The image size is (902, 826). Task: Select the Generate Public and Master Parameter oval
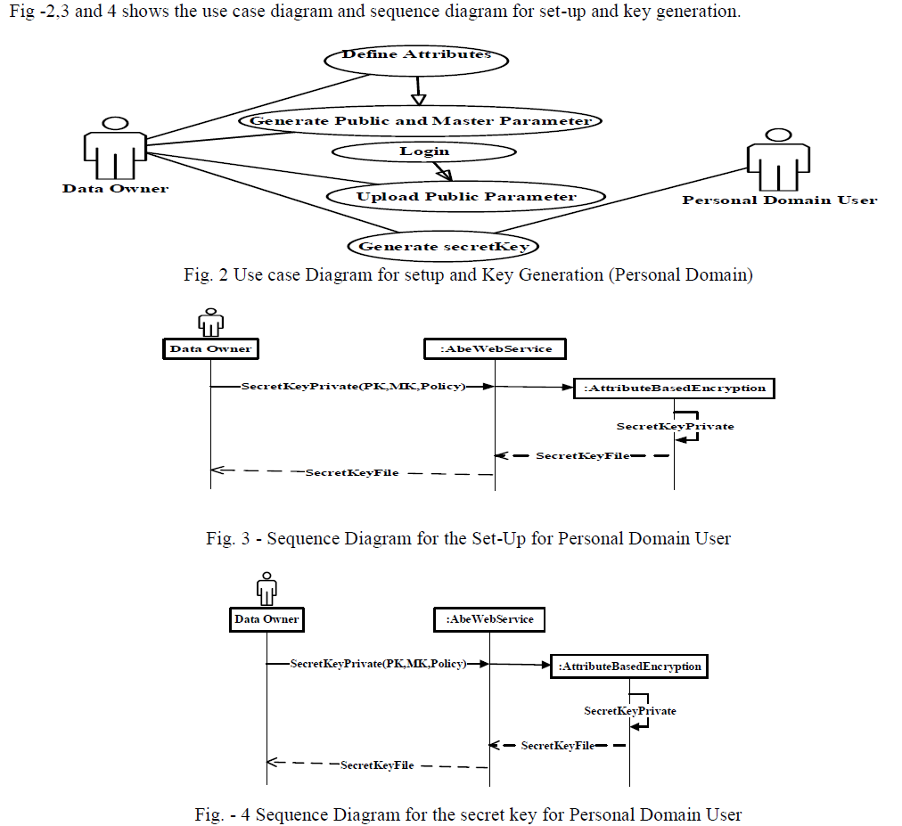coord(420,121)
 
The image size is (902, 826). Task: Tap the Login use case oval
coord(424,151)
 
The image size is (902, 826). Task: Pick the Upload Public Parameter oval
coord(465,197)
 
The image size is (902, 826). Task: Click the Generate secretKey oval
coord(443,246)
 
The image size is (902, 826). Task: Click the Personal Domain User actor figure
coord(778,160)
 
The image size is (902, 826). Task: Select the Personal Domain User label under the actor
coord(779,200)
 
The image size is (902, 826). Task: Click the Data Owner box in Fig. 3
coord(210,348)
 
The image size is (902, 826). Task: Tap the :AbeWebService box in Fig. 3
coord(496,348)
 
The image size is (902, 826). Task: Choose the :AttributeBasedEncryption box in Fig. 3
coord(674,388)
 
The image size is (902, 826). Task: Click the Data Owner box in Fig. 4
coord(266,618)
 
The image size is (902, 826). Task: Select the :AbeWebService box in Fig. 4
coord(489,618)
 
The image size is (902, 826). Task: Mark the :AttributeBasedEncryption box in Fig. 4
coord(629,666)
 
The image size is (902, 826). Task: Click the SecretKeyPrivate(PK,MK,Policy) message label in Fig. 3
coord(353,387)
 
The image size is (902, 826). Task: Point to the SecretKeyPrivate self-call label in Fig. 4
coord(629,711)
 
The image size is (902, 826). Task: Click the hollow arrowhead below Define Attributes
coord(419,96)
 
